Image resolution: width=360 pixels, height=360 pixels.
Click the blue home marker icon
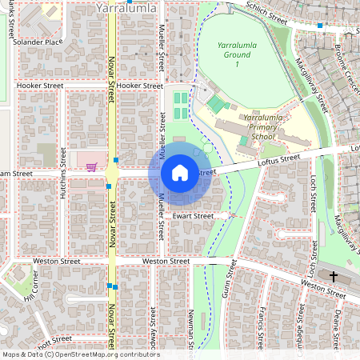180,172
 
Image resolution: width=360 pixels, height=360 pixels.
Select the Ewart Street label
193,216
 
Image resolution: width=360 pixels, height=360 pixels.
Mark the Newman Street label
192,332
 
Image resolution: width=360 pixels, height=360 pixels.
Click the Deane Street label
338,324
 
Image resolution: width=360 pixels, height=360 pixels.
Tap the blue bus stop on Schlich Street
319,26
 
